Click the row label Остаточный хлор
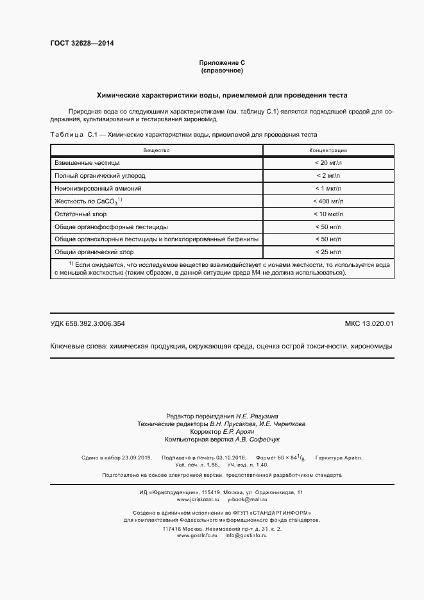pyautogui.click(x=80, y=214)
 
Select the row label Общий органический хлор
pyautogui.click(x=94, y=252)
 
